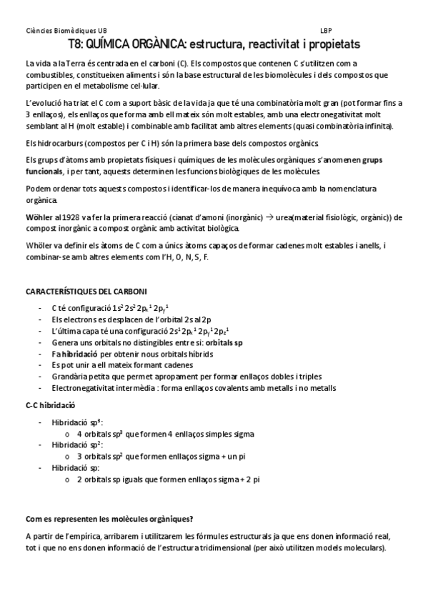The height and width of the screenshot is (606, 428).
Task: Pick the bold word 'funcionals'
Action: pyautogui.click(x=44, y=173)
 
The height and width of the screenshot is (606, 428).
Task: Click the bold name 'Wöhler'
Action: pyautogui.click(x=38, y=217)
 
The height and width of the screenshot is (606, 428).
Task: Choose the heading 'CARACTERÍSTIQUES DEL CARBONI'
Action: pyautogui.click(x=86, y=292)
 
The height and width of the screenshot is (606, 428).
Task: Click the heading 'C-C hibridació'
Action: pyautogui.click(x=50, y=406)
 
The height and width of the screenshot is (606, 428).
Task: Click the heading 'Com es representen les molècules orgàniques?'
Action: pyautogui.click(x=109, y=519)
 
